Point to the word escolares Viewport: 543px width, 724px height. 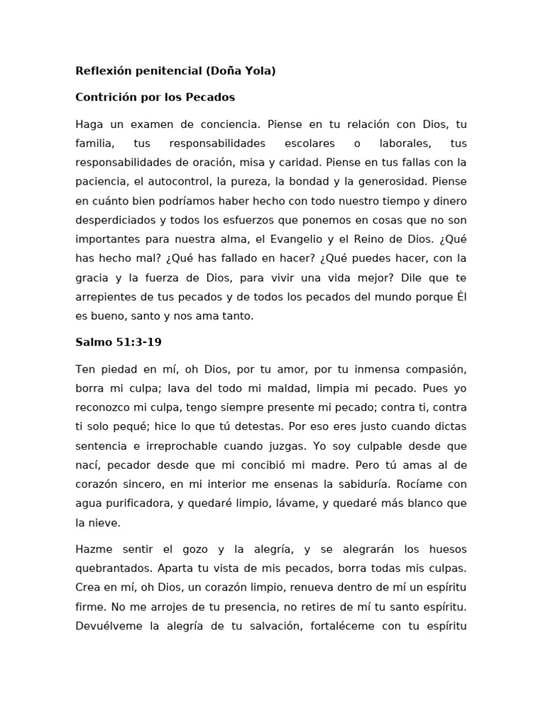310,144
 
